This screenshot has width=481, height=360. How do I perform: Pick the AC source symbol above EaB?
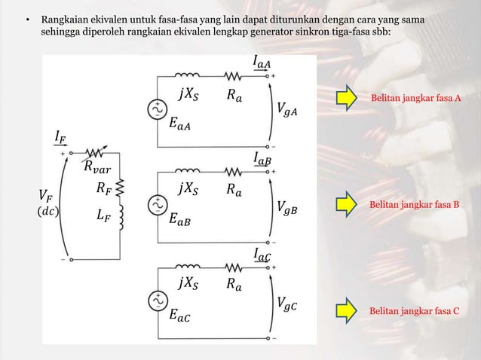pyautogui.click(x=160, y=203)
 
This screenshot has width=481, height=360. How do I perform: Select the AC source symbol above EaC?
pyautogui.click(x=160, y=300)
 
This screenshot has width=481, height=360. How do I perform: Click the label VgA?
pyautogui.click(x=286, y=111)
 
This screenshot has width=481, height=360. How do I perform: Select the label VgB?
pyautogui.click(x=286, y=206)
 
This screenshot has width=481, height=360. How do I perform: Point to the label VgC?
pyautogui.click(x=286, y=304)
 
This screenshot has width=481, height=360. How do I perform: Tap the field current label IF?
pyautogui.click(x=60, y=136)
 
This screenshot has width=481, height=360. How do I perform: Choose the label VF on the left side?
pyautogui.click(x=44, y=196)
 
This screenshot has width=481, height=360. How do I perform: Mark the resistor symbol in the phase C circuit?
pyautogui.click(x=235, y=267)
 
